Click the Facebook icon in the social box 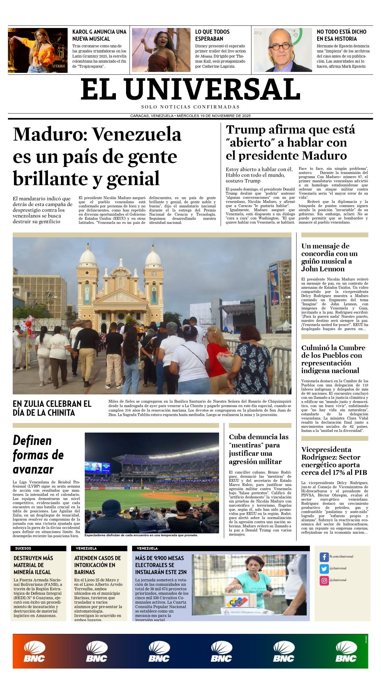[x=324, y=557]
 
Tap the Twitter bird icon [x=324, y=569]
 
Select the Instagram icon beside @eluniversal [x=324, y=580]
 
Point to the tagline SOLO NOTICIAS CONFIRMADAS [x=190, y=107]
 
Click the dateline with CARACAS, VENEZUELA [x=190, y=116]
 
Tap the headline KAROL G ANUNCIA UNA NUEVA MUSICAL [x=99, y=35]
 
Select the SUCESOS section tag [x=23, y=548]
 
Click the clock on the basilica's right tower [x=154, y=274]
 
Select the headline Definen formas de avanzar [x=38, y=455]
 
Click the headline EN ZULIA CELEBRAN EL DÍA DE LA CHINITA [x=52, y=408]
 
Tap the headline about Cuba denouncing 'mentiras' [x=258, y=449]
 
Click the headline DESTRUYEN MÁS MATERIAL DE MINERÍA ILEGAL [x=33, y=565]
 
